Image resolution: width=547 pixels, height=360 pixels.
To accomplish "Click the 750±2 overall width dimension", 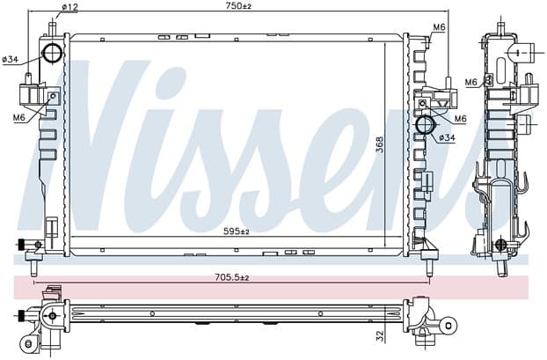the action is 238,5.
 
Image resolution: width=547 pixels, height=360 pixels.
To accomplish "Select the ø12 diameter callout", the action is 69,7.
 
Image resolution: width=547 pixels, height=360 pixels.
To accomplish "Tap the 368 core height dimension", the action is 380,145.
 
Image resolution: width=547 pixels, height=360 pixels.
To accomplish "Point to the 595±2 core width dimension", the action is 237,231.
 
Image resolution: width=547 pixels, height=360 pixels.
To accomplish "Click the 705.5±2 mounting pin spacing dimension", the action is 231,278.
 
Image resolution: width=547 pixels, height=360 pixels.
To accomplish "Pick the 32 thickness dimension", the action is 380,336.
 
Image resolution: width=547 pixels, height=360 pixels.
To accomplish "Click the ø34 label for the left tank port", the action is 11,60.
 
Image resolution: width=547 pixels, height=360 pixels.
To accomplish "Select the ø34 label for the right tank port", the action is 448,138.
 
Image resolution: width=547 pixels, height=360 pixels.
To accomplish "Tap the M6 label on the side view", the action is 471,82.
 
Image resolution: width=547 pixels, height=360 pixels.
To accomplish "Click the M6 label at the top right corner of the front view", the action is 439,27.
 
